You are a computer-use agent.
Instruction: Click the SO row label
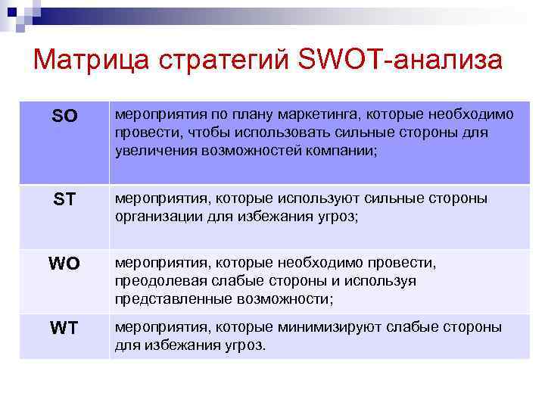point(64,117)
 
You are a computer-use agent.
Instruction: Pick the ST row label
point(64,201)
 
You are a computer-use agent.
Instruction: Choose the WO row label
point(64,265)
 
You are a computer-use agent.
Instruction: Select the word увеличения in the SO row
point(156,150)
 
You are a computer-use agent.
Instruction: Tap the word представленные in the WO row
point(166,299)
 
